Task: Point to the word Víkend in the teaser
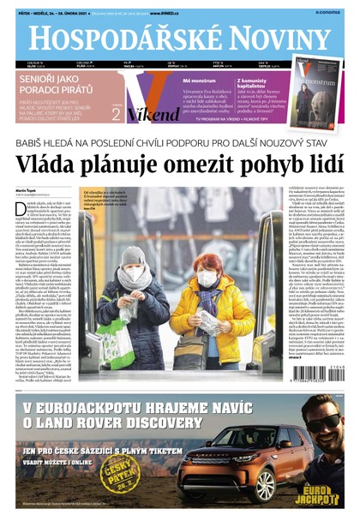(x=155, y=114)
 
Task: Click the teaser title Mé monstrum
(x=199, y=80)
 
